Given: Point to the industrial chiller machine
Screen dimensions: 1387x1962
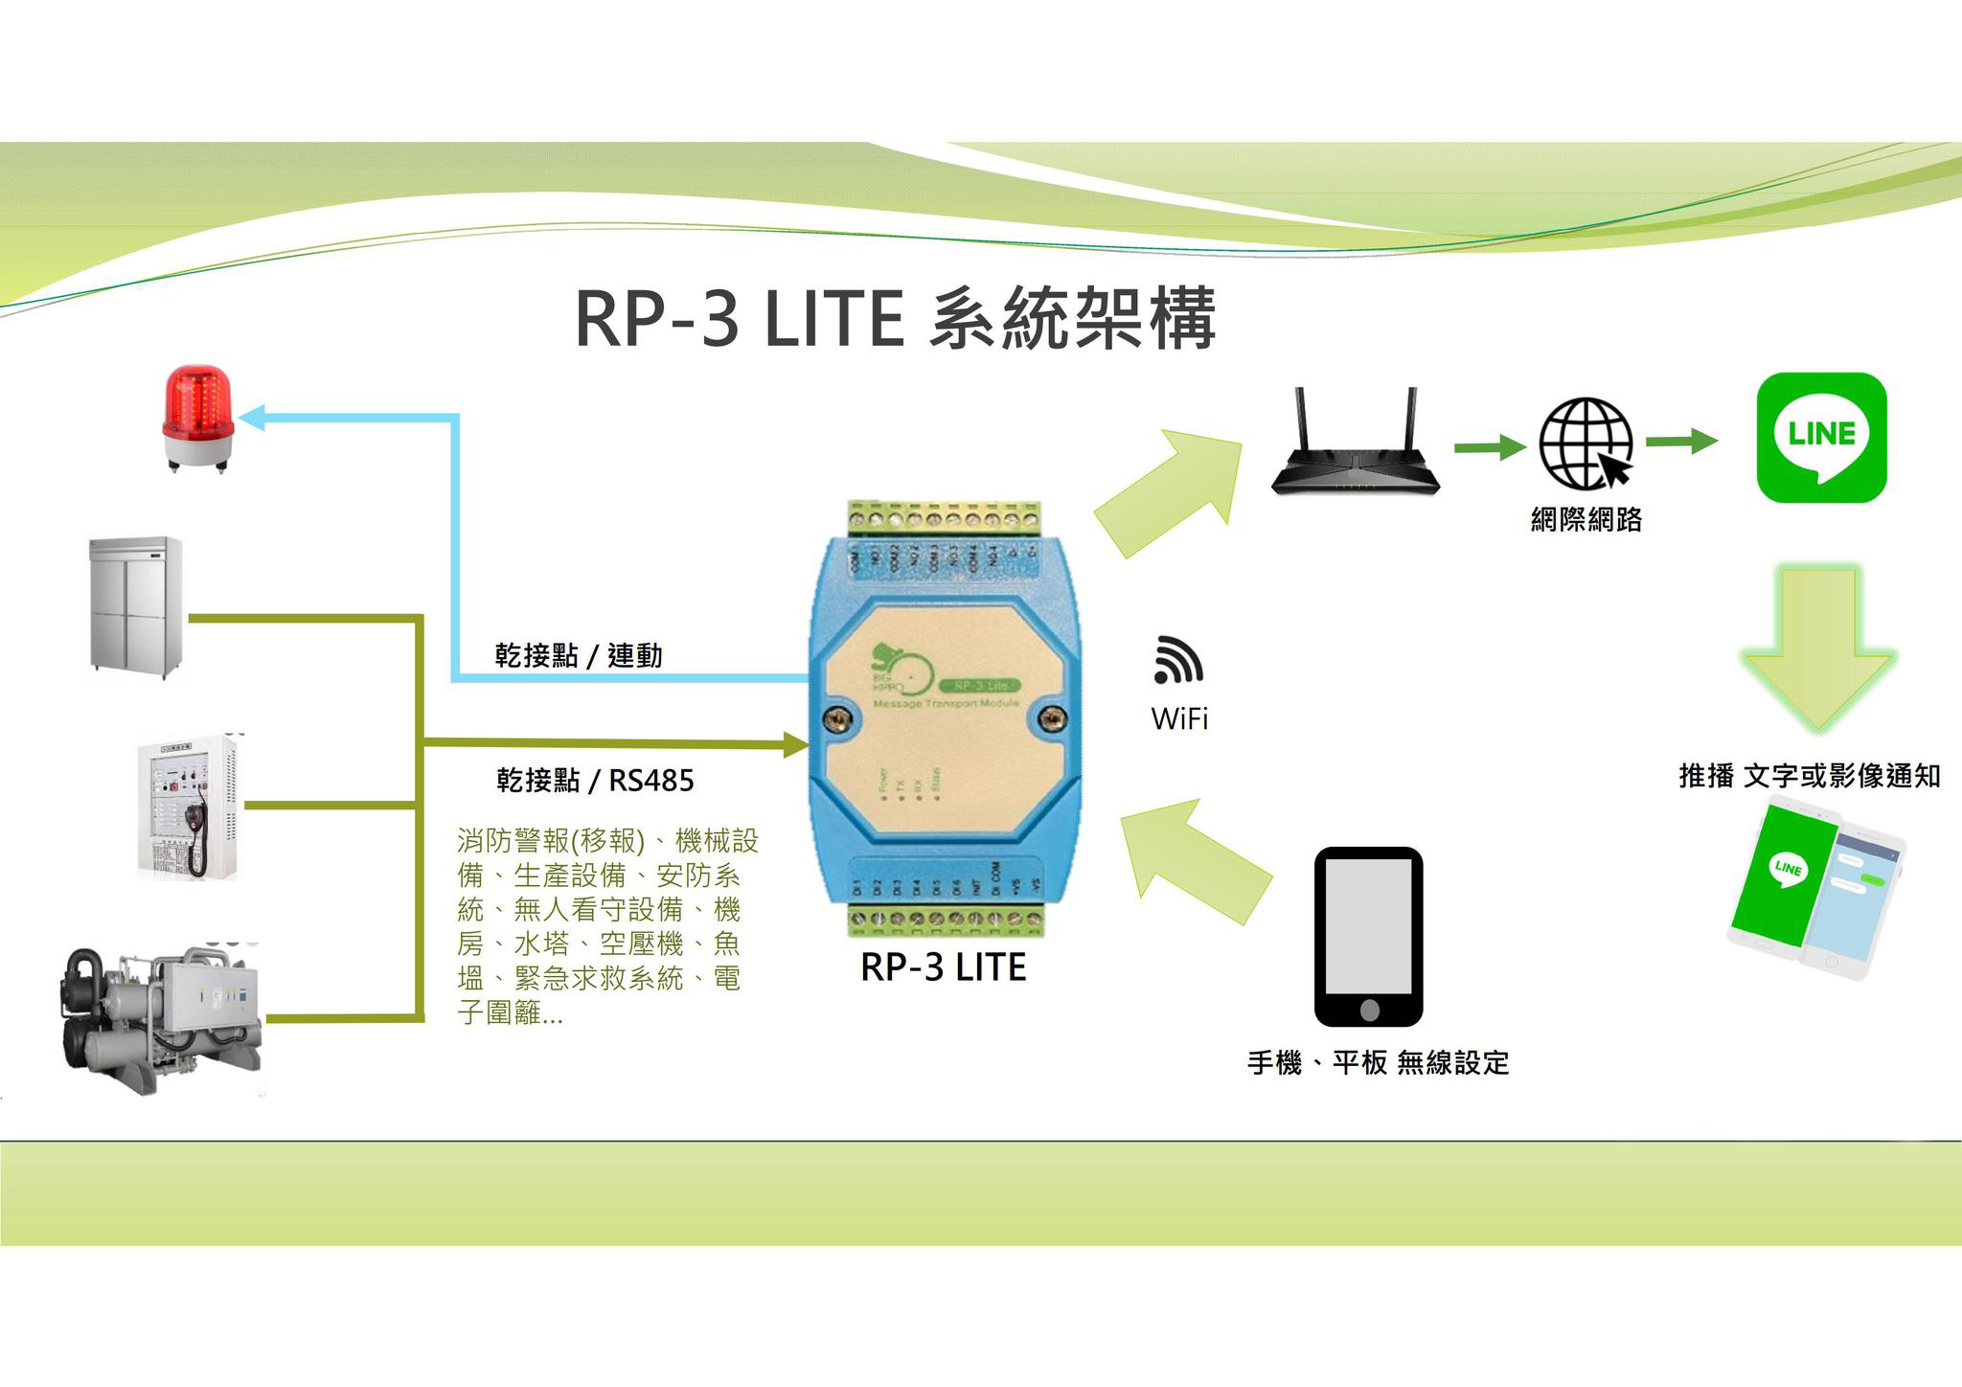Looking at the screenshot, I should [158, 1017].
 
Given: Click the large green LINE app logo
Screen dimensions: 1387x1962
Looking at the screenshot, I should [1821, 438].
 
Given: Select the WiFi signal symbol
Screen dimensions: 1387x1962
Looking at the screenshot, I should [1177, 660].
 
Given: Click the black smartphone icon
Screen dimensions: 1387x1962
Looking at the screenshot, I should [1368, 936].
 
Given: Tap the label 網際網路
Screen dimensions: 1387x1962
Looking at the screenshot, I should [1586, 519].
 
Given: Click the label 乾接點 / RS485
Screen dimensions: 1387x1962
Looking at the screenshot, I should [595, 781].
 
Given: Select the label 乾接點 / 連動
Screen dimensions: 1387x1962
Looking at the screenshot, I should [579, 656].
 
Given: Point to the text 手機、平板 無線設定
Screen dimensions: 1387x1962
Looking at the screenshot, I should [1378, 1062].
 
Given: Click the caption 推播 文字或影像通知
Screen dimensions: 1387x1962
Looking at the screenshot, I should [1809, 776].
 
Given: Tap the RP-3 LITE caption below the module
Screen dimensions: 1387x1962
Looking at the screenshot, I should [943, 967].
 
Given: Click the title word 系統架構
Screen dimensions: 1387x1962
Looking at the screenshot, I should [1072, 319].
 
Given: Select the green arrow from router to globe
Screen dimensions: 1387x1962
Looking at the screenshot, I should [1489, 446].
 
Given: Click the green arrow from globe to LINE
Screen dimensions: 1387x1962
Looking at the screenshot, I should [1681, 442].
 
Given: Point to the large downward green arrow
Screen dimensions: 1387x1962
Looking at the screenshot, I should [1817, 646].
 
